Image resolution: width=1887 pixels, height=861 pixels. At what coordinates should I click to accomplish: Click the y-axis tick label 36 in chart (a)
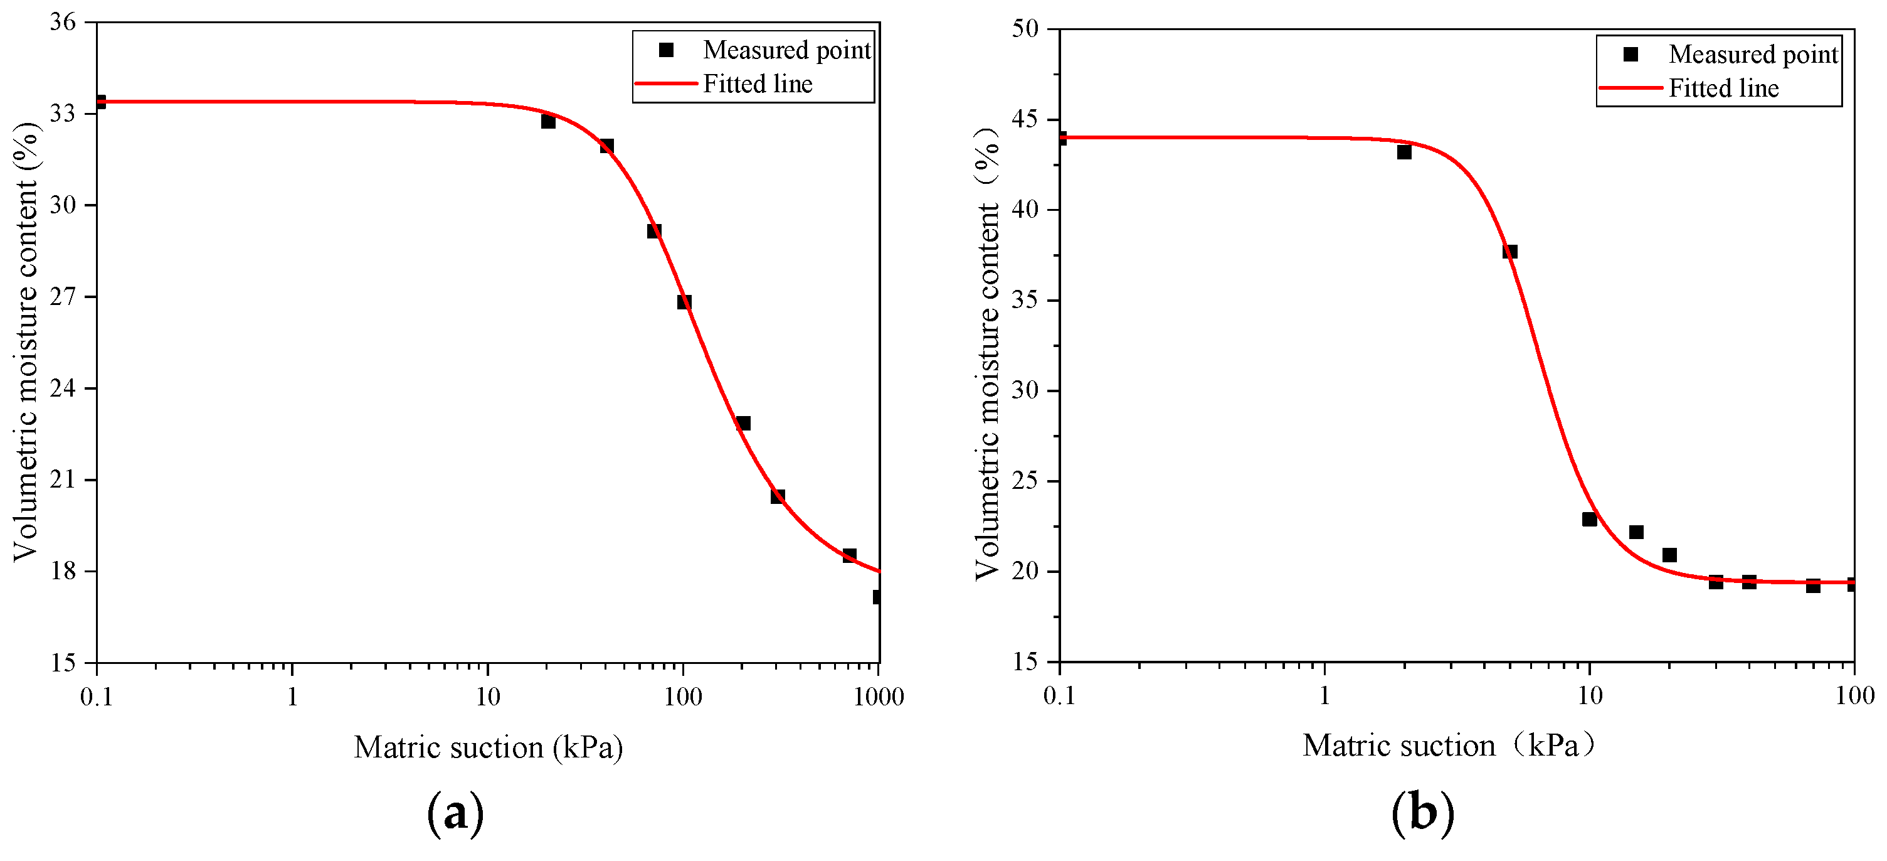[62, 22]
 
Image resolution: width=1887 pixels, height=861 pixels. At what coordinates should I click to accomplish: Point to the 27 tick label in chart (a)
[62, 297]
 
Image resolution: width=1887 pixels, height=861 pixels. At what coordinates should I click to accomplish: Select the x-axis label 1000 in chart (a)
[879, 697]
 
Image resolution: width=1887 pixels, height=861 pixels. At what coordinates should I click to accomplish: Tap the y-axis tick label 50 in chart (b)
[1025, 29]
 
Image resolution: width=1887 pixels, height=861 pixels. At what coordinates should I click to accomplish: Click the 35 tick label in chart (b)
[1025, 300]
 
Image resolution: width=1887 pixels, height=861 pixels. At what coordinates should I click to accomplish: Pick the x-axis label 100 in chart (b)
[1854, 695]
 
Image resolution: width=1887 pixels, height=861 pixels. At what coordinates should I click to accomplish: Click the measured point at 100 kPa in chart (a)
[684, 302]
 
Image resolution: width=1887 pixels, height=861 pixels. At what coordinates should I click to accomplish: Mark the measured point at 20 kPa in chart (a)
[548, 122]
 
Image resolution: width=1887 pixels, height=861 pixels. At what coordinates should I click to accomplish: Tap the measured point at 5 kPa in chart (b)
[1509, 252]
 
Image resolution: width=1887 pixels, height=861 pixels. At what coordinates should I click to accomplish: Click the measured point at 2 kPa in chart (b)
[1403, 152]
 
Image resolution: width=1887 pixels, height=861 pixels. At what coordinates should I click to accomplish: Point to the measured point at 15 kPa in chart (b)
[1636, 532]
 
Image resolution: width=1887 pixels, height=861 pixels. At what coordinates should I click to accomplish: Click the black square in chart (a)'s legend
[666, 50]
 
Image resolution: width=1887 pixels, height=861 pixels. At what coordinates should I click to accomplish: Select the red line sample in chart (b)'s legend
[1630, 88]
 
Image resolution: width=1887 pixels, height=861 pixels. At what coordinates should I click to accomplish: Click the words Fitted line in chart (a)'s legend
[758, 83]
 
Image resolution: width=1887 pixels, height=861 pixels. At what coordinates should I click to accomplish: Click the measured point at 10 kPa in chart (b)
[1589, 519]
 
